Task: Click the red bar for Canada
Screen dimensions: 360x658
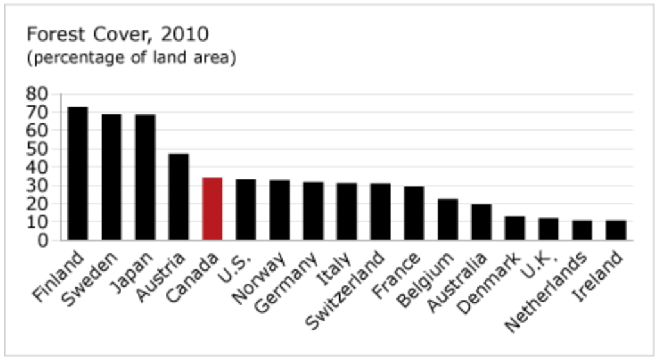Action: (x=212, y=209)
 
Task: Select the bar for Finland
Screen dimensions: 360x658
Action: (x=78, y=174)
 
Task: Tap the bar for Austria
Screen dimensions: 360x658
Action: (x=179, y=197)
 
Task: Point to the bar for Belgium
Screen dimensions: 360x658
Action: (x=448, y=219)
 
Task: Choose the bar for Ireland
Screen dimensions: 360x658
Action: (x=616, y=230)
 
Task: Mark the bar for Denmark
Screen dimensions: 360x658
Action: (x=515, y=228)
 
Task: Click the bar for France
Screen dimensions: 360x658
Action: (x=414, y=213)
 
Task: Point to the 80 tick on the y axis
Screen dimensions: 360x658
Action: (x=38, y=94)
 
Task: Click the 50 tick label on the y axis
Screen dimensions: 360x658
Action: (x=38, y=149)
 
